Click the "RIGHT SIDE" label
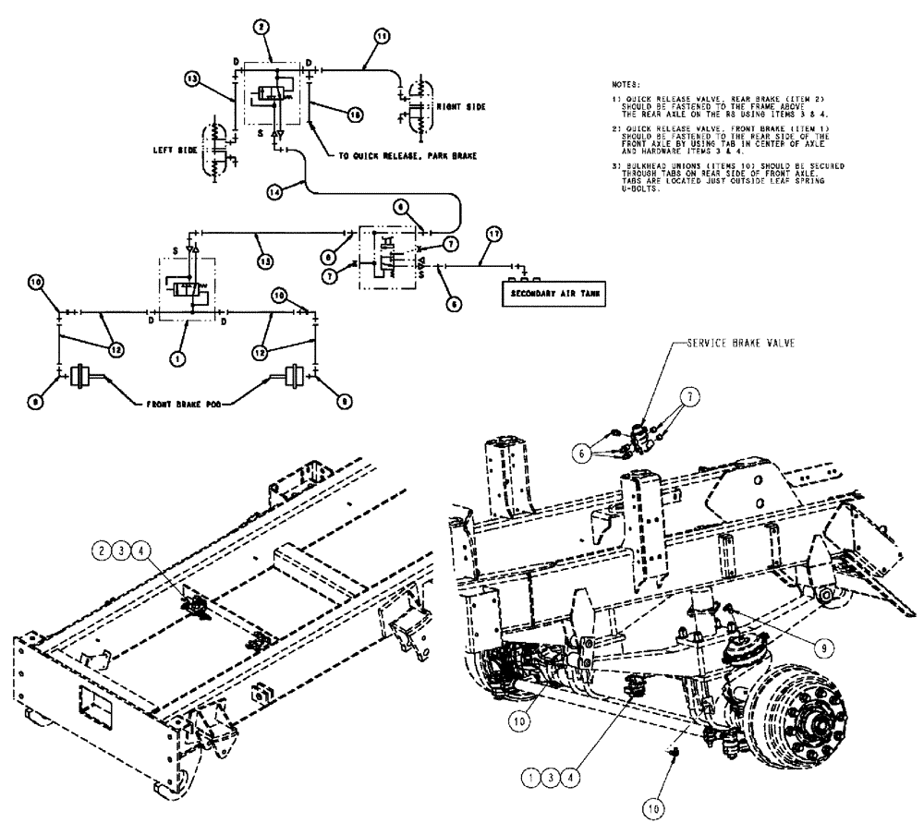pos(462,106)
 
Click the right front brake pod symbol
pos(294,377)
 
